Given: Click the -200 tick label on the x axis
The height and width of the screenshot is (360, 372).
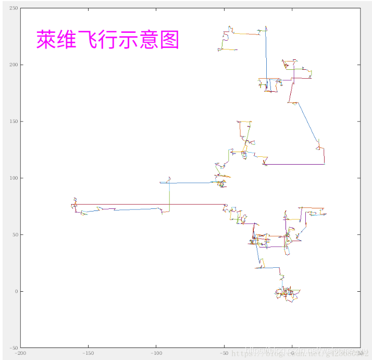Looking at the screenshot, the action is pos(20,353).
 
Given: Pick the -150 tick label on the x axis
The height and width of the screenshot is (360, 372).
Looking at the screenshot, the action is pos(88,353).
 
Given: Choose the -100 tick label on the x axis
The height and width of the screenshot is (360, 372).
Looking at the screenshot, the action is pos(156,353).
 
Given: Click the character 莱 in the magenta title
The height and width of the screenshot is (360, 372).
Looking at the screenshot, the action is pos(45,40).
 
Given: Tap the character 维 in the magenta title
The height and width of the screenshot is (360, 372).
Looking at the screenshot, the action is pos(66,40).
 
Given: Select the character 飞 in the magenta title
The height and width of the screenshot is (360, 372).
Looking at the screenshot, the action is pos(87,40).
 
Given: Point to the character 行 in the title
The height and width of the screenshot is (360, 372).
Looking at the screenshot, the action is pos(108,40).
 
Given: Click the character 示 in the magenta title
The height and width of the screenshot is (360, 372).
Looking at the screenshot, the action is pos(129,40).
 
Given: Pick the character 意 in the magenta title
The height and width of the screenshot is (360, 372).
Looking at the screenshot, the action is pos(150,40).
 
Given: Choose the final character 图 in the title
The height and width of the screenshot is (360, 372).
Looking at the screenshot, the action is pos(170,40).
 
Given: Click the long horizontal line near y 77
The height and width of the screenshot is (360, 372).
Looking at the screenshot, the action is pos(151,204).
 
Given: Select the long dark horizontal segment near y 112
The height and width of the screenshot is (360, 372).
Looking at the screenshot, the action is pos(294,164).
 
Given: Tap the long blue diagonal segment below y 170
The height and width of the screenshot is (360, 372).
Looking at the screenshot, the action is pos(307,122).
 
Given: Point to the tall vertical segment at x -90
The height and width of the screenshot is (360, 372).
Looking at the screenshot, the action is pos(169,195).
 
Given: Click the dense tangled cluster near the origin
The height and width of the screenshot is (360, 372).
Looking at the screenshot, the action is pos(287,294).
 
